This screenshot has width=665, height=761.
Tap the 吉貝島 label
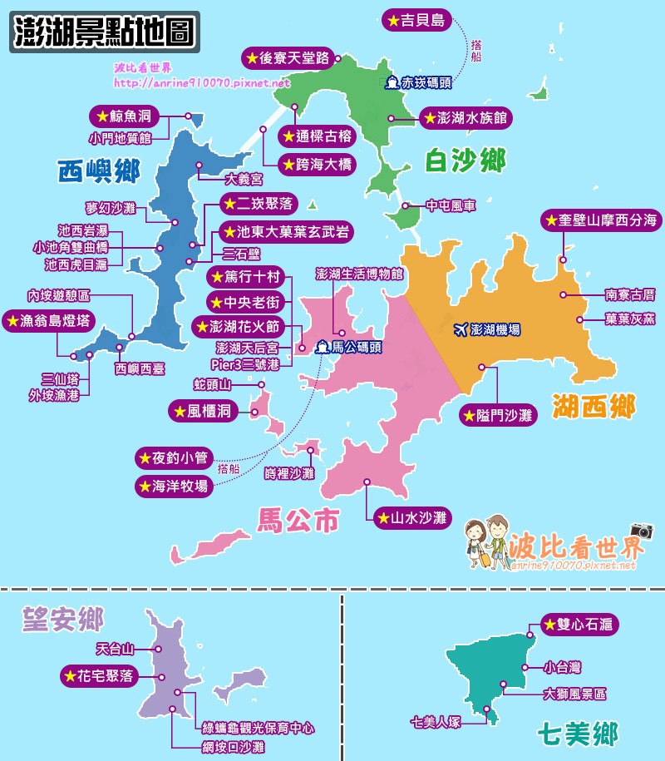(x=416, y=19)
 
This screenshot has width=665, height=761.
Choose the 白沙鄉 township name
(x=465, y=160)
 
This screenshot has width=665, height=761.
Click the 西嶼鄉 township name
(x=98, y=171)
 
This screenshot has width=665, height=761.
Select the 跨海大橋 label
(x=315, y=165)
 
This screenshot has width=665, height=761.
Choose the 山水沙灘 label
(x=411, y=518)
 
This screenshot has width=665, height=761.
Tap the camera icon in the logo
(x=641, y=531)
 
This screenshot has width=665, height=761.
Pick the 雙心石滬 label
(x=579, y=624)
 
